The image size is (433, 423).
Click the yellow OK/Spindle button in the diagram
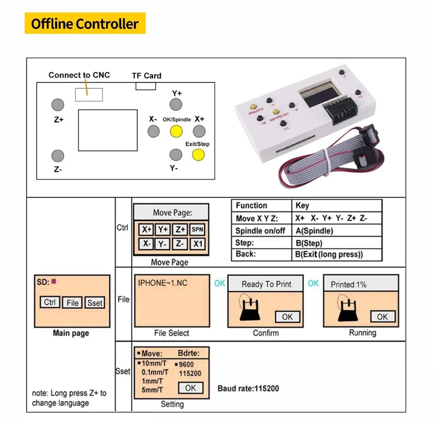pyautogui.click(x=176, y=131)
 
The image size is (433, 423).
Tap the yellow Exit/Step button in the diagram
pyautogui.click(x=198, y=155)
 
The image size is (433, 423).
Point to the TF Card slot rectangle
pyautogui.click(x=145, y=86)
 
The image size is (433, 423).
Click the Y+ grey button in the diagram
pyautogui.click(x=175, y=104)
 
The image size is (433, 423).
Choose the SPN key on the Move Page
pyautogui.click(x=197, y=230)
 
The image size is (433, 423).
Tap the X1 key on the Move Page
pyautogui.click(x=197, y=244)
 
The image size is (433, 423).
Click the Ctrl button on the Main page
pyautogui.click(x=50, y=302)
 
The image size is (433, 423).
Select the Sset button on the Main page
pyautogui.click(x=95, y=303)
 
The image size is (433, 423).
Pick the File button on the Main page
pyautogui.click(x=72, y=303)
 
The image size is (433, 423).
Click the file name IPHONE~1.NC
pyautogui.click(x=163, y=283)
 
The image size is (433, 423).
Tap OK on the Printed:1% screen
pyautogui.click(x=382, y=317)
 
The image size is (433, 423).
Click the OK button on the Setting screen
pyautogui.click(x=190, y=388)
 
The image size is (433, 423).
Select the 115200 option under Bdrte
pyautogui.click(x=190, y=373)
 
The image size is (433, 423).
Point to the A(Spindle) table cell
pyautogui.click(x=314, y=231)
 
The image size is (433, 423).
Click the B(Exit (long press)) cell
pyautogui.click(x=329, y=255)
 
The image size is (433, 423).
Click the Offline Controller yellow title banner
pyautogui.click(x=85, y=23)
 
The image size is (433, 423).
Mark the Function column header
pyautogui.click(x=252, y=206)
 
